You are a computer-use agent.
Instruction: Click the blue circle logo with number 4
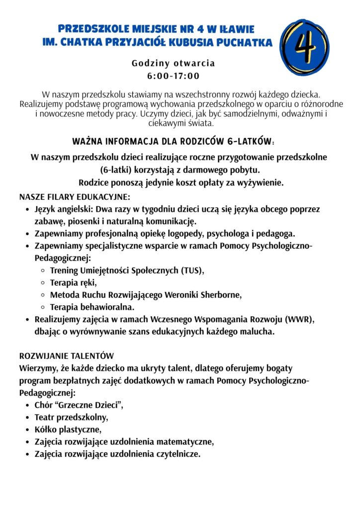click(304, 47)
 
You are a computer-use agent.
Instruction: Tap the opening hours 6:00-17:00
click(173, 77)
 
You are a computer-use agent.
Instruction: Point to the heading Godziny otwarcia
click(173, 64)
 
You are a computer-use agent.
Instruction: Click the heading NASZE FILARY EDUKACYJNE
click(75, 196)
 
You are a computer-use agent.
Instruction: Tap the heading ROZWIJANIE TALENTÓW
click(66, 356)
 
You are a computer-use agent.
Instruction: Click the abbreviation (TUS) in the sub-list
click(192, 271)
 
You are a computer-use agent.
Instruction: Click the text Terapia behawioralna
click(92, 307)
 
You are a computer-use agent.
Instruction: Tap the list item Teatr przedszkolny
click(71, 417)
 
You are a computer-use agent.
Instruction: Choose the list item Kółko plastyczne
click(68, 429)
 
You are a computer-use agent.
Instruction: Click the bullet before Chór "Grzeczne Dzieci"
click(27, 406)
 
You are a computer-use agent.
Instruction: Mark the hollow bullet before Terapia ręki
click(43, 283)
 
